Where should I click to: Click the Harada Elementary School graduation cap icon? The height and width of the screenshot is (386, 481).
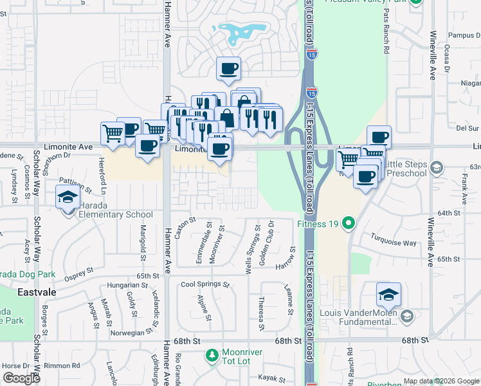[68, 198]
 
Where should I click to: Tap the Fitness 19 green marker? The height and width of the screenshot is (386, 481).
[349, 225]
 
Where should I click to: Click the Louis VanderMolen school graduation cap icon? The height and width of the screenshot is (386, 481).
[388, 295]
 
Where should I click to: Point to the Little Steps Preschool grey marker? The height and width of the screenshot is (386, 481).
[437, 169]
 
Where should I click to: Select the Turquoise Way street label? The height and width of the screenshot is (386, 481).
[394, 239]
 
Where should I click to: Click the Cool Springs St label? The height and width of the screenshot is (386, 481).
[205, 284]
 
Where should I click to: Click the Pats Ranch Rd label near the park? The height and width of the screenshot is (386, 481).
[386, 38]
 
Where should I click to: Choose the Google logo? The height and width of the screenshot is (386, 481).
[21, 378]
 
